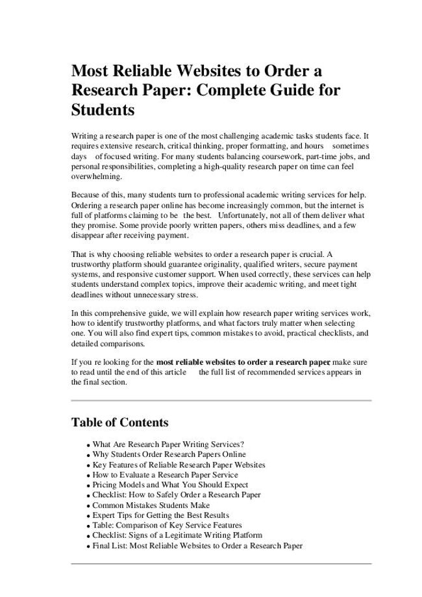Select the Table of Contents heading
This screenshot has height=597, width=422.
tap(119, 422)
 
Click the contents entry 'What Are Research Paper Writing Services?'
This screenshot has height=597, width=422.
tap(168, 445)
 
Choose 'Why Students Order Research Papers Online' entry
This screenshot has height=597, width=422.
tap(169, 455)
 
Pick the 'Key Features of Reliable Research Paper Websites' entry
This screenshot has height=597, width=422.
tap(179, 465)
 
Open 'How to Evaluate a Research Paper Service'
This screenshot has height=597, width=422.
tap(165, 475)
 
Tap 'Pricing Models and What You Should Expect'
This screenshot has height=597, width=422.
tap(170, 485)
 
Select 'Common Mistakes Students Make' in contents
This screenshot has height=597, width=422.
tap(151, 505)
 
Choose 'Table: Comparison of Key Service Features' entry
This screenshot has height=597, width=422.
tap(167, 525)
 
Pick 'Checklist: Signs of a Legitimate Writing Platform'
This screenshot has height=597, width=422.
tap(177, 535)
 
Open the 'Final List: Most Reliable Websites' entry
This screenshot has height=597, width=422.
tap(197, 546)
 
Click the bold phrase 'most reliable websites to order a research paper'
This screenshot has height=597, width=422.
tap(243, 362)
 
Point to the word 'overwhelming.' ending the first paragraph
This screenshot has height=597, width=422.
tap(96, 177)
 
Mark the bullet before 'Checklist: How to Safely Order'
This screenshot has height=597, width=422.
tap(88, 496)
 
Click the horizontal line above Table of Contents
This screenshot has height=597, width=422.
tap(221, 400)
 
